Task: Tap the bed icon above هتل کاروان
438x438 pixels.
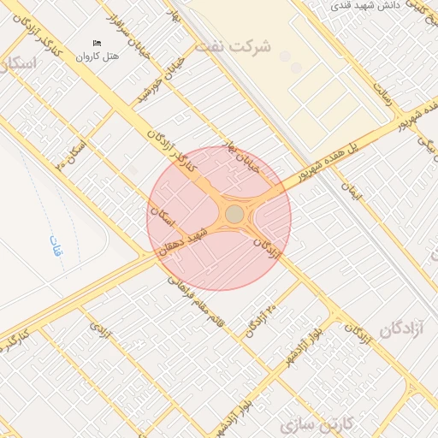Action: point(97,43)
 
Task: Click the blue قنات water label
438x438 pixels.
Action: point(55,246)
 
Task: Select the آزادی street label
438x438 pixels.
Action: point(101,328)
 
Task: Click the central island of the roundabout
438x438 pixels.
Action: point(234,214)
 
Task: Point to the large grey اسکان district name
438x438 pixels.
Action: point(19,63)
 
